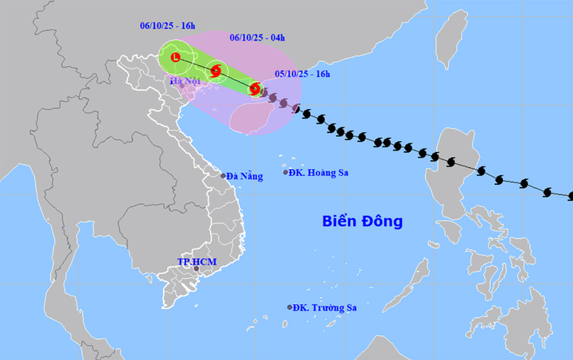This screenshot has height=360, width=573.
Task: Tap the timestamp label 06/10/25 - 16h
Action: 166,26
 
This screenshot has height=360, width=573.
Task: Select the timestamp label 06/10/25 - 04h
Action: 257,37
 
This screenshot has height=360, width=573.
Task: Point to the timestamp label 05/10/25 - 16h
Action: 302,74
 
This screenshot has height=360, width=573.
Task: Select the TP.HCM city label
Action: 197,261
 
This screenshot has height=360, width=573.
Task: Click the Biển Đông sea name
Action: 362,221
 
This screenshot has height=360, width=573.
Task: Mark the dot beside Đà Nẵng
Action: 223,176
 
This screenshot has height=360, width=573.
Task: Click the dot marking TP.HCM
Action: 196,271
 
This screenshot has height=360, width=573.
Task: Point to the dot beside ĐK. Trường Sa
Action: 290,307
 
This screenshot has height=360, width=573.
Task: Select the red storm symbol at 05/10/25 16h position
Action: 255,89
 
